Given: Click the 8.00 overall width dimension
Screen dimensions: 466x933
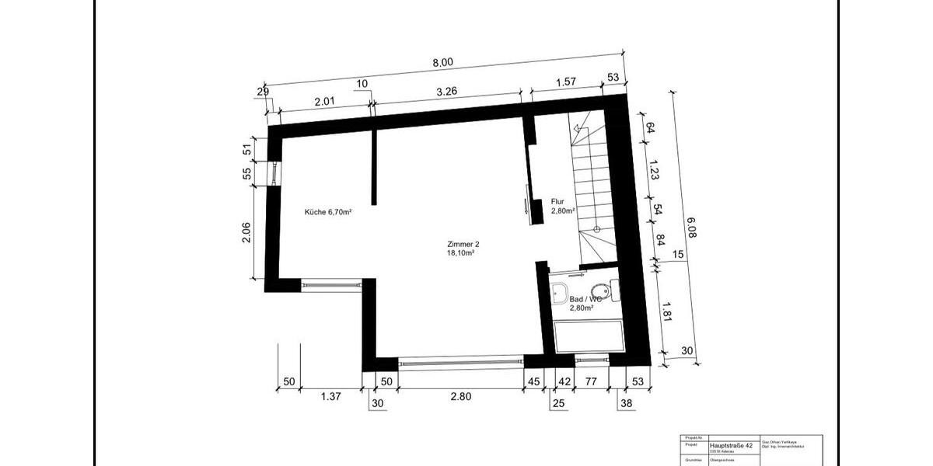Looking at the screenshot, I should coord(442,63).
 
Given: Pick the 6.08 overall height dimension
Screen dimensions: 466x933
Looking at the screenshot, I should coord(690,228).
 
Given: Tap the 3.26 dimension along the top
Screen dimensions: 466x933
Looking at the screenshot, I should coord(447,92).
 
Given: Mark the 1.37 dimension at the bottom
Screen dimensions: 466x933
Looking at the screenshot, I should coord(331,397).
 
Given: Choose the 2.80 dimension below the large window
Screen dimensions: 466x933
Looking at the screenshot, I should coord(460,397).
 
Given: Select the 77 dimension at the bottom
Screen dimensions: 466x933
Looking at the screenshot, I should coord(590,381).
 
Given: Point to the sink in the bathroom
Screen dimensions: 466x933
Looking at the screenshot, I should coord(560,293).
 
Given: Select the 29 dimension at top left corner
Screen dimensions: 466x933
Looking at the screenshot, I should coord(262,94).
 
